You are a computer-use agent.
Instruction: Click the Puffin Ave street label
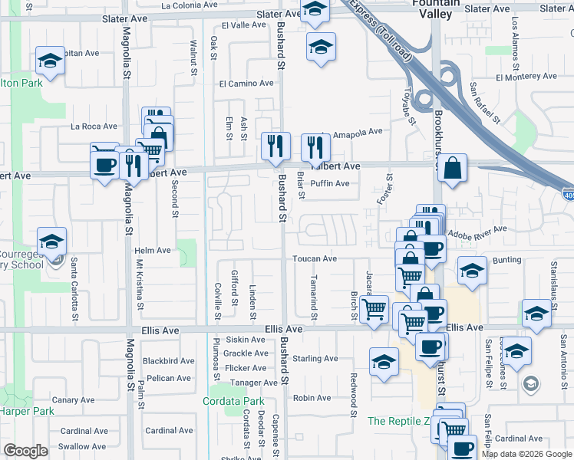[330, 183]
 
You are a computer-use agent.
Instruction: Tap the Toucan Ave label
[315, 259]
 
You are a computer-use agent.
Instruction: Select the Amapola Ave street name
[357, 132]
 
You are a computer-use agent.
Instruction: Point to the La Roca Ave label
[94, 127]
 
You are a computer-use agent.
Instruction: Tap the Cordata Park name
[233, 401]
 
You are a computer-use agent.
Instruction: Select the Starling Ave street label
[315, 358]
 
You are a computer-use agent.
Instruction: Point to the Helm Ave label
[153, 250]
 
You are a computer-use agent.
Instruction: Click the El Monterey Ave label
[526, 77]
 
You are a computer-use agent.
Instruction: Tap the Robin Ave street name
[312, 398]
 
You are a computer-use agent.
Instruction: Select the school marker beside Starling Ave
[384, 362]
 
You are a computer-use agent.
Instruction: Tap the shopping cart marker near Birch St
[374, 309]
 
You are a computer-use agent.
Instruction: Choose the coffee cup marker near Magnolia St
[105, 163]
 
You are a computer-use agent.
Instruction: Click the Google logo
[25, 451]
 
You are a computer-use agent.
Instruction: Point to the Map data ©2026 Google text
[526, 454]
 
